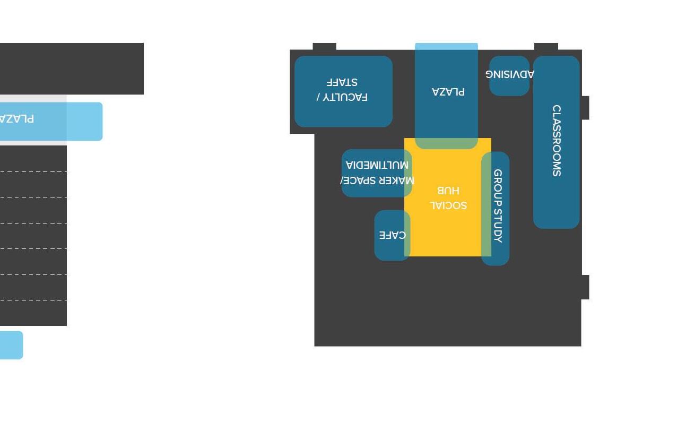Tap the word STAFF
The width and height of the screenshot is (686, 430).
[x=342, y=82]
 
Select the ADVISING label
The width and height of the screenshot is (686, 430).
[x=510, y=74]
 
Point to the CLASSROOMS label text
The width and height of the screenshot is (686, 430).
[x=556, y=141]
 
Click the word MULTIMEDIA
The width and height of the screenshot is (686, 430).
[x=377, y=165]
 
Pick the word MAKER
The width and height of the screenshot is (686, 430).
[x=400, y=180]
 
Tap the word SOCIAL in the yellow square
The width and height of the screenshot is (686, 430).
[x=448, y=205]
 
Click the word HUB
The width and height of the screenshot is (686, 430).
[x=448, y=190]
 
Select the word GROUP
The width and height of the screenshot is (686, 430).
[x=498, y=187]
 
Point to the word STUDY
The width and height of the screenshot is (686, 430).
[x=498, y=226]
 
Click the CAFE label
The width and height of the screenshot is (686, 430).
[x=393, y=235]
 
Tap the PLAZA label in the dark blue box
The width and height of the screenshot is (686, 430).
[x=448, y=92]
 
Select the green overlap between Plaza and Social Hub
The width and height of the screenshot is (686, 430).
[x=447, y=143]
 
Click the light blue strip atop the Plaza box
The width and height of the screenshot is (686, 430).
[x=447, y=46]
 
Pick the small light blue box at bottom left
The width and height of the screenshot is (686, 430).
[x=11, y=345]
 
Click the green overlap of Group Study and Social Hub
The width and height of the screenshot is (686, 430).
[x=487, y=204]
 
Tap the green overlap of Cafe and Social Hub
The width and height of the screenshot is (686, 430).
[x=407, y=235]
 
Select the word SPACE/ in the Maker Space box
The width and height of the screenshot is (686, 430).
[x=362, y=180]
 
